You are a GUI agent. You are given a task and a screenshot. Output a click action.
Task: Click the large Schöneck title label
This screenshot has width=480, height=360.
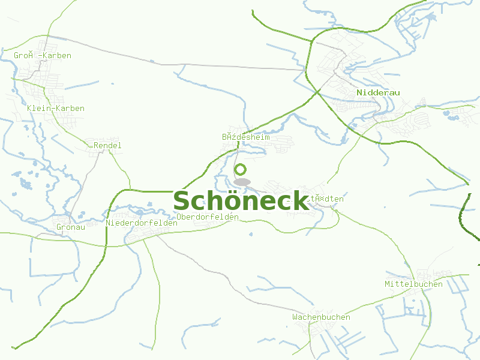point(241,201)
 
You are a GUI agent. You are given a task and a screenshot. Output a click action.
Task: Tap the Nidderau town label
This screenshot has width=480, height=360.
point(378,92)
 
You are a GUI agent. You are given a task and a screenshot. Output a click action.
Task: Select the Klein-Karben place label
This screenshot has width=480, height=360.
point(56,109)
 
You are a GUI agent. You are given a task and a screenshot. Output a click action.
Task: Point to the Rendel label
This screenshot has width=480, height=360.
point(107,145)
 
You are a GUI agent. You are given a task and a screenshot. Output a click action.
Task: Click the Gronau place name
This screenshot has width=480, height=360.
point(71,227)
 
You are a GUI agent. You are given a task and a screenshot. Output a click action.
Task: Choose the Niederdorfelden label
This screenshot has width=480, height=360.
point(142,223)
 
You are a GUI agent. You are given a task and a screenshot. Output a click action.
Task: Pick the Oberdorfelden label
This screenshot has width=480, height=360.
point(208,217)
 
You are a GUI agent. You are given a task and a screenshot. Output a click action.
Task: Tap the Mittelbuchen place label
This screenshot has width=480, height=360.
point(413,284)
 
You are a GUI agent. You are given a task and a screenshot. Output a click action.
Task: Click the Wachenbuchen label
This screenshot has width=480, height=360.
point(321,317)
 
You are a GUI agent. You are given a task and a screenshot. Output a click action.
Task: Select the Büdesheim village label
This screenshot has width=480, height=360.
point(246,137)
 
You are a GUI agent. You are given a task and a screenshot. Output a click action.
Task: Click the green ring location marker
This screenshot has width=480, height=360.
point(241,170)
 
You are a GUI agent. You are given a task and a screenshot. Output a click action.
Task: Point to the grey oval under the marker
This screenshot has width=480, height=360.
point(242,182)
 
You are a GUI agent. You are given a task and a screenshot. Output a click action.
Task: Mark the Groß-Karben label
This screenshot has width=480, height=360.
point(43,56)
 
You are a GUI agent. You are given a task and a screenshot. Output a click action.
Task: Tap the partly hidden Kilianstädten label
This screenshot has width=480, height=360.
point(326,199)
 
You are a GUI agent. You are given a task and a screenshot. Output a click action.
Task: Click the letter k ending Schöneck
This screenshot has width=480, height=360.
point(299,201)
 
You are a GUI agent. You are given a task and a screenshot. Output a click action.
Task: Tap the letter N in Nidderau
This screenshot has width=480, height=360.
point(359,92)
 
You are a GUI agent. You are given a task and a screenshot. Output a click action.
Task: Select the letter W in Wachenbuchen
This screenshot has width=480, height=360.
point(295,317)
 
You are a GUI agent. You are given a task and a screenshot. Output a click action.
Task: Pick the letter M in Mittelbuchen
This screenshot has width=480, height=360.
point(388,284)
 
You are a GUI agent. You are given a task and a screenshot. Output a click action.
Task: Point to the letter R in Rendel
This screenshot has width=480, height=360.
point(96,145)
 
